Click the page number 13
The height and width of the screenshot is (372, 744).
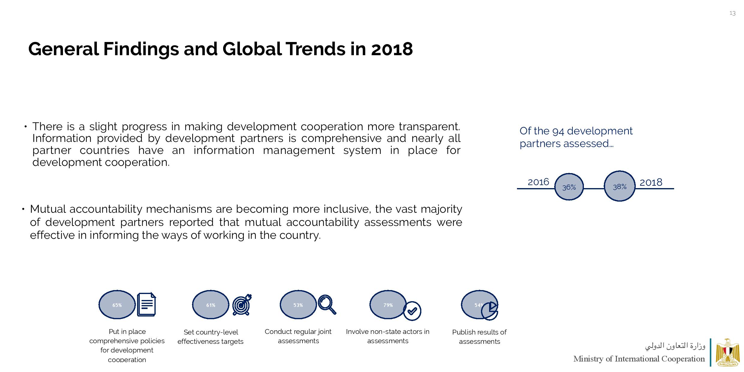(x=732, y=13)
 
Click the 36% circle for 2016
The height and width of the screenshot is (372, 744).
(x=569, y=187)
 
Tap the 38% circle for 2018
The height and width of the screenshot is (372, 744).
(x=619, y=186)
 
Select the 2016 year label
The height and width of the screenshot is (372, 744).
(x=538, y=182)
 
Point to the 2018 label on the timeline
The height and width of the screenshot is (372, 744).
(x=651, y=182)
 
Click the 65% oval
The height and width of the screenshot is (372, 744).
(x=117, y=305)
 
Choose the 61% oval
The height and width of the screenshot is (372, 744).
(x=211, y=305)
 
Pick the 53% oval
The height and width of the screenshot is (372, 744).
(x=298, y=305)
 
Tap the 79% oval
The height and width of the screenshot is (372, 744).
(x=388, y=305)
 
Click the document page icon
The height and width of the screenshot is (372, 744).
(x=147, y=304)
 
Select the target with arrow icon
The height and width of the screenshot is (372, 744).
(x=242, y=305)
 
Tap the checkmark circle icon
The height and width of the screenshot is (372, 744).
(x=412, y=311)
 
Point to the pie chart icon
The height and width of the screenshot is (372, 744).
(x=489, y=311)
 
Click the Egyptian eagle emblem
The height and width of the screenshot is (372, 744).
(x=728, y=352)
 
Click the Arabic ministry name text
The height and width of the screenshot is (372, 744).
(x=675, y=346)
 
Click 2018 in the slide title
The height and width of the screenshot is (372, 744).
(x=392, y=49)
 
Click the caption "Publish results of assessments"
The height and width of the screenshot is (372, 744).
(x=479, y=337)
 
